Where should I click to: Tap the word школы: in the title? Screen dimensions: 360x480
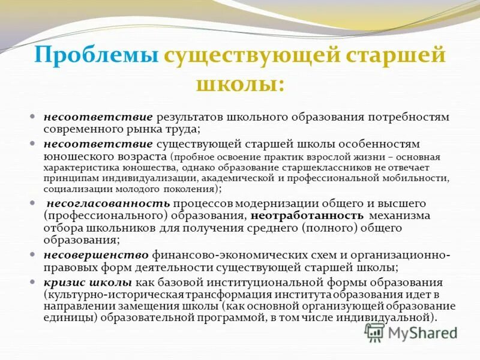click(x=240, y=83)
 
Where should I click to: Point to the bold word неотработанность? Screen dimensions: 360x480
click(x=307, y=215)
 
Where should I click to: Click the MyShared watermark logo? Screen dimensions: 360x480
click(x=411, y=332)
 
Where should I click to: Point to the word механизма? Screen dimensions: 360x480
click(x=400, y=215)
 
